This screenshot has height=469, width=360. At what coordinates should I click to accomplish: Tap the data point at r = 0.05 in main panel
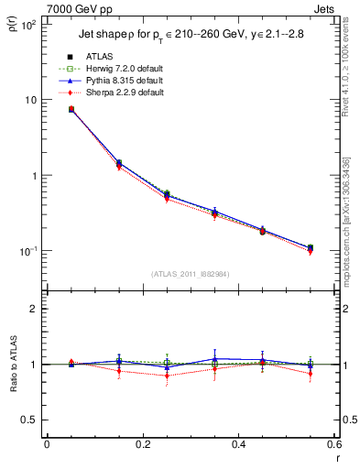click(71, 109)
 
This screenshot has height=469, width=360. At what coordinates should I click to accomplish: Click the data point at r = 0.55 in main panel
click(311, 247)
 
